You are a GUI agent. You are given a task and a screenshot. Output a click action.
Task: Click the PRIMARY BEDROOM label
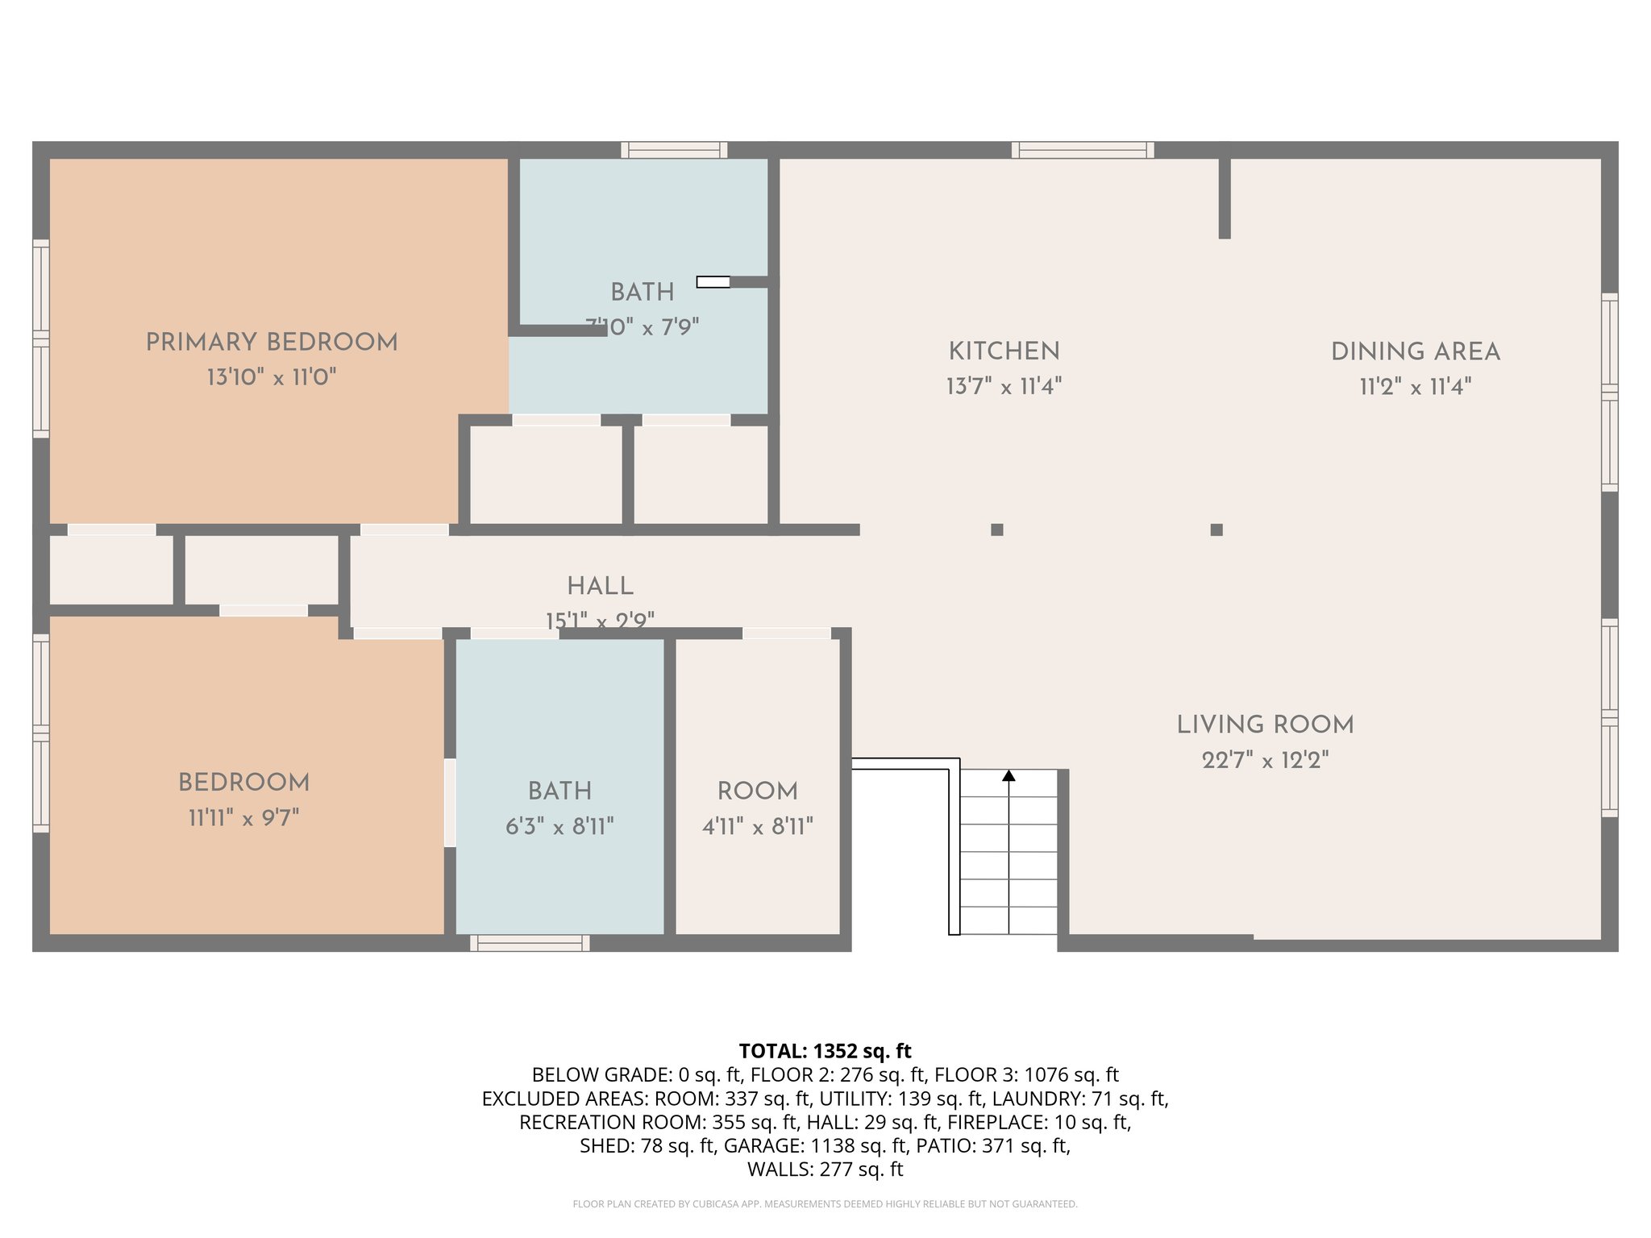point(272,342)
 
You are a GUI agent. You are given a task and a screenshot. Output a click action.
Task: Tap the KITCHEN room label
point(1004,351)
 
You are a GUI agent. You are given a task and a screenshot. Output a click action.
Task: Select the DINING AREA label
point(1415,352)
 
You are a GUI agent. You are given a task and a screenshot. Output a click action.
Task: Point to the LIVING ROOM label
point(1265,725)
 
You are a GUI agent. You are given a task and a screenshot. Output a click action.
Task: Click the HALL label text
point(600,586)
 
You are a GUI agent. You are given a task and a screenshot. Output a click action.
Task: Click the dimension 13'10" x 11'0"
point(272,377)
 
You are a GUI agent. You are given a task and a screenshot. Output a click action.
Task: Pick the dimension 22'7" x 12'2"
point(1265,760)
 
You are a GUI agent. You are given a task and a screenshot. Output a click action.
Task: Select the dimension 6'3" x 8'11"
point(559,826)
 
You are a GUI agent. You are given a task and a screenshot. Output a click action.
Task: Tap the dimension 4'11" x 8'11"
point(757,826)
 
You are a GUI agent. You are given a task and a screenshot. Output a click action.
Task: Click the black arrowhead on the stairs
point(1008,775)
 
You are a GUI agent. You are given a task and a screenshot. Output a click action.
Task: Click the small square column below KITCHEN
point(997,530)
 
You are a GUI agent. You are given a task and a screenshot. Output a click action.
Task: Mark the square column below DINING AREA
point(1216,530)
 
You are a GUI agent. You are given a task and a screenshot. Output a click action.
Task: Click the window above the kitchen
point(1083,150)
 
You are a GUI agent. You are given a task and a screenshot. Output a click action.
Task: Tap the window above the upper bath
point(674,150)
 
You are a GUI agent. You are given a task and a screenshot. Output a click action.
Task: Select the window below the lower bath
point(530,943)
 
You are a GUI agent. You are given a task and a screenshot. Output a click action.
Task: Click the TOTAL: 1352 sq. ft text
point(825,1051)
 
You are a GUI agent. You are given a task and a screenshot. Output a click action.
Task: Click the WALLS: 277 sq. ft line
point(825,1169)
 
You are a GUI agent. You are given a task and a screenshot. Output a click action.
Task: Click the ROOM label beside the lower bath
point(757,791)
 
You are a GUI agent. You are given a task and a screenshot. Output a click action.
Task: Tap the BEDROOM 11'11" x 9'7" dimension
point(243,818)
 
